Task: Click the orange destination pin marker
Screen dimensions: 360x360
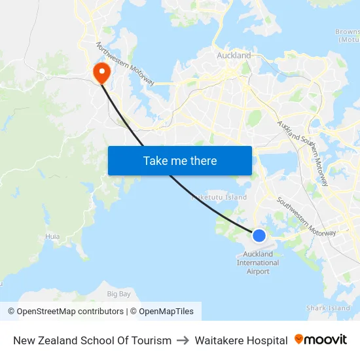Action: click(102, 72)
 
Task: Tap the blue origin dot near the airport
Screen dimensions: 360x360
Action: click(259, 236)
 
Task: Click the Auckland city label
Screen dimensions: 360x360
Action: click(234, 56)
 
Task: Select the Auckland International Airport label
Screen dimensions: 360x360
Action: click(258, 262)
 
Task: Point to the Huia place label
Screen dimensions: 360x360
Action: click(52, 236)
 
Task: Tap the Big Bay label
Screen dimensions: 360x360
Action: click(119, 294)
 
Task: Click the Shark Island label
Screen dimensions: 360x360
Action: click(329, 308)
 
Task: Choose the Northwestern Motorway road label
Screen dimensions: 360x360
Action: click(125, 64)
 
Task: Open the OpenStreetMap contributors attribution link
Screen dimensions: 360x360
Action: click(65, 312)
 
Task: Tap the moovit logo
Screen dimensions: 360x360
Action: click(321, 340)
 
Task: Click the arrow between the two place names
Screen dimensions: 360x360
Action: click(183, 340)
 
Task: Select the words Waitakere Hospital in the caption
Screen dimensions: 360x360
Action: click(241, 340)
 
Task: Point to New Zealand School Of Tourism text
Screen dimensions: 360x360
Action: click(92, 340)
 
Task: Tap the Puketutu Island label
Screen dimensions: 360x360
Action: click(219, 197)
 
